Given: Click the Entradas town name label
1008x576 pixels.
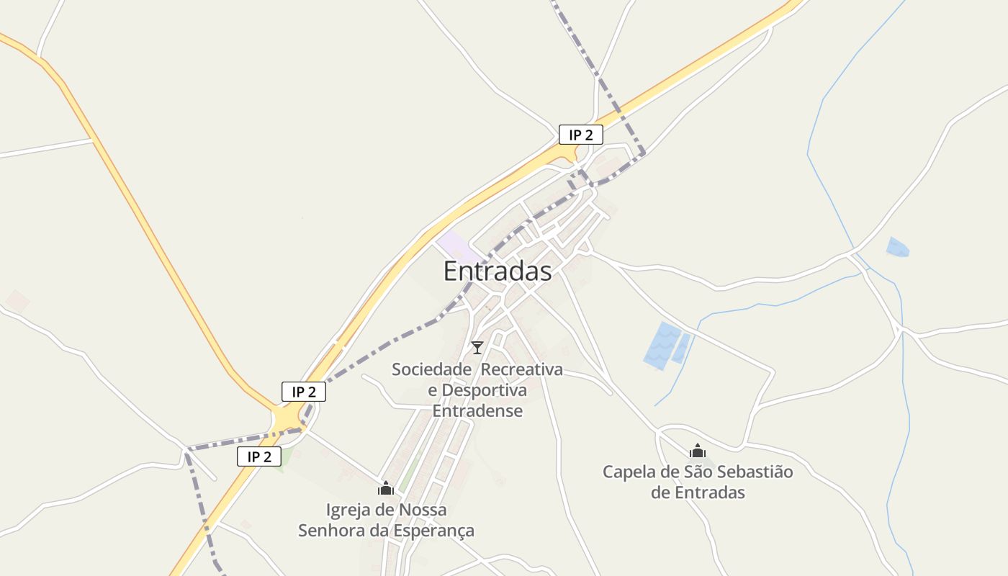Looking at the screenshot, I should [x=498, y=271].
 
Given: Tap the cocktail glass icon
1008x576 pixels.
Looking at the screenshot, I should [x=477, y=348].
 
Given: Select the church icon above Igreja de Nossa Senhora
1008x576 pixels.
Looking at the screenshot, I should [x=386, y=489].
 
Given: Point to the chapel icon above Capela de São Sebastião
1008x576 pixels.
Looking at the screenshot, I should [x=697, y=451].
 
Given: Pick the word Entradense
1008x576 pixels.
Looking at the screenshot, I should [x=477, y=411].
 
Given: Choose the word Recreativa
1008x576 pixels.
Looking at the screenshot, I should [x=522, y=369].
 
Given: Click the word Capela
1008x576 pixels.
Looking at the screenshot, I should [x=629, y=472].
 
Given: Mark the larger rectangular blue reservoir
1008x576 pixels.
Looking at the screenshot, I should [x=661, y=346].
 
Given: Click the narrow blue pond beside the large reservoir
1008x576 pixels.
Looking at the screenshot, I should [x=681, y=348].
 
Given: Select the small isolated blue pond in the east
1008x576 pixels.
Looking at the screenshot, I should [x=897, y=247].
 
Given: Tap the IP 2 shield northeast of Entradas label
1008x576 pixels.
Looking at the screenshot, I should [x=580, y=135].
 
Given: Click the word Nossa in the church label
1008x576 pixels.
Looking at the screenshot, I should [x=422, y=510].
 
